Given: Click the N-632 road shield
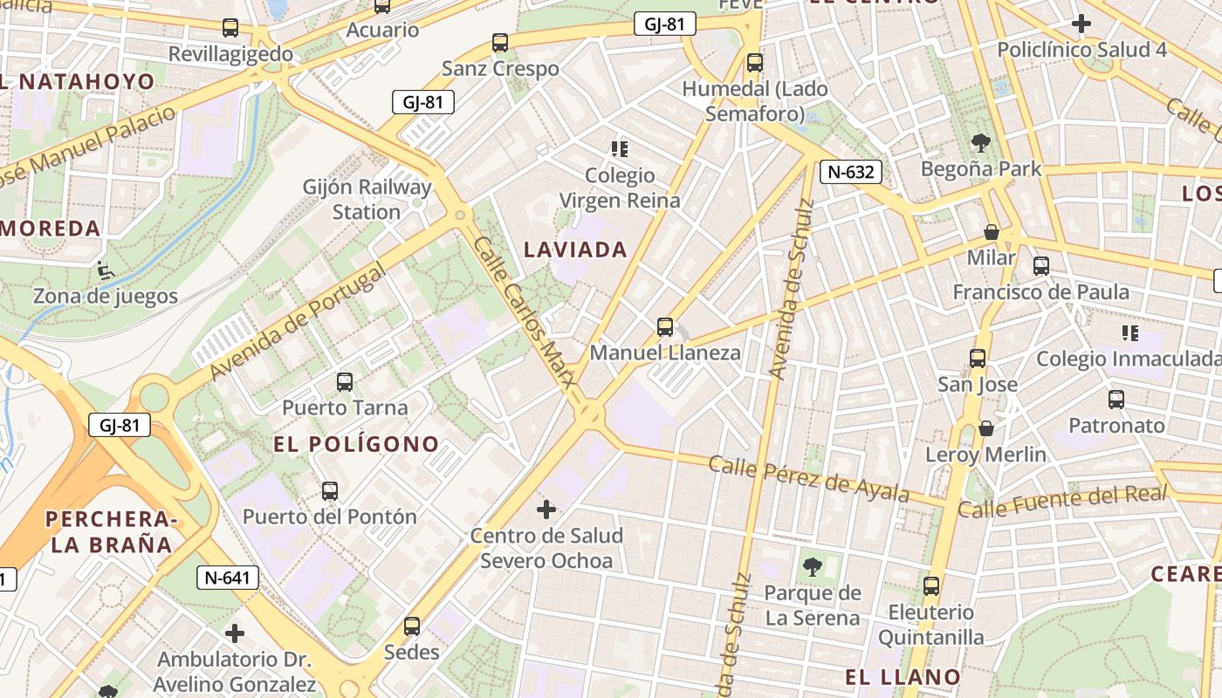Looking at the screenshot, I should tap(850, 172).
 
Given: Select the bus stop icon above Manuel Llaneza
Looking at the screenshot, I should tap(665, 327).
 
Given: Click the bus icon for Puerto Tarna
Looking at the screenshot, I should tap(345, 381).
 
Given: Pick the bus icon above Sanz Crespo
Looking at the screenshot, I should tap(500, 42).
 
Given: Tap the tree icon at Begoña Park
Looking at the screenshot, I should tap(981, 142).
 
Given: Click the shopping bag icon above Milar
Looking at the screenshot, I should tap(992, 232).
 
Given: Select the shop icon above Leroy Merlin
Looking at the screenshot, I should tap(985, 428).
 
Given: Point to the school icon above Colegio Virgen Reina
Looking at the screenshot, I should tap(620, 149).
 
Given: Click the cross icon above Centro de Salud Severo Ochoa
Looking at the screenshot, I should tap(546, 509).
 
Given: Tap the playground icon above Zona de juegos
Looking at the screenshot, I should tap(106, 270).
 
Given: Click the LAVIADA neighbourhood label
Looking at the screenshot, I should tap(575, 250).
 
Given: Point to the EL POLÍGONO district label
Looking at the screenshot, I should tap(356, 444).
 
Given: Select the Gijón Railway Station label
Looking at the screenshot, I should tap(367, 199).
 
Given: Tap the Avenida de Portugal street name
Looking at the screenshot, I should tap(297, 324).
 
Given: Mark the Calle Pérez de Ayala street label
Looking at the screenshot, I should tap(808, 478).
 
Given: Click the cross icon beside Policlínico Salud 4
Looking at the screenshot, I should tap(1081, 24).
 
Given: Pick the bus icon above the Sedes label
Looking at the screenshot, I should tap(412, 626).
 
